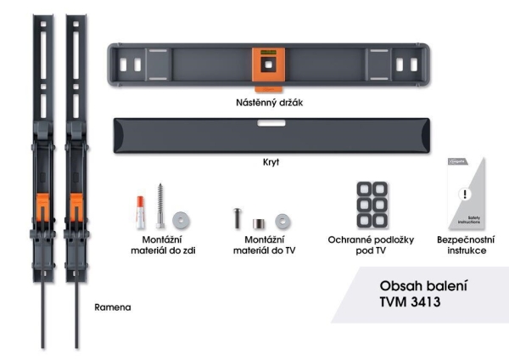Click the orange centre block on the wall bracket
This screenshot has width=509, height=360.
pos(267,65)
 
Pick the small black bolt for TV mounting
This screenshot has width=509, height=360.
pos(238,217)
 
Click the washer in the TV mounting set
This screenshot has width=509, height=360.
pos(281,221)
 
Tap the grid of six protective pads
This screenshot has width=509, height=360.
pos(371,205)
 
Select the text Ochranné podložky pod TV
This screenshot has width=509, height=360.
pos(370,246)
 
